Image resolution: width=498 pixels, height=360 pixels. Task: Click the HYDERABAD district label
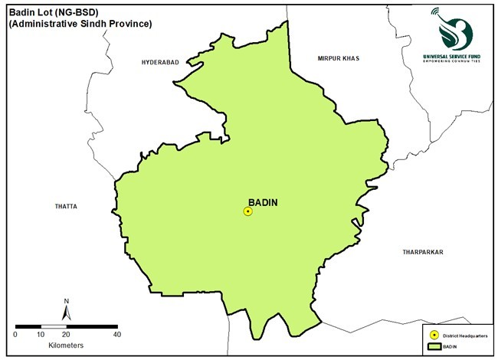tap(160, 61)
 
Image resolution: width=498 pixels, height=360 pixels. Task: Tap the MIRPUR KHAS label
tap(338, 58)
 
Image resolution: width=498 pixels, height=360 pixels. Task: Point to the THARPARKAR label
tap(423, 251)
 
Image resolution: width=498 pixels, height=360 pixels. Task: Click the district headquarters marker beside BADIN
tap(247, 211)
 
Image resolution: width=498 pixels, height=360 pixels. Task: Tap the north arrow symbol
tap(67, 313)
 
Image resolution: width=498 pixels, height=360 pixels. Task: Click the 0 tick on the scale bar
tap(16, 334)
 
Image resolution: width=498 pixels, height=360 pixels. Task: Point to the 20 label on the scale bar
tap(67, 334)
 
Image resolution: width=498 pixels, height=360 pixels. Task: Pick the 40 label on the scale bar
tap(116, 334)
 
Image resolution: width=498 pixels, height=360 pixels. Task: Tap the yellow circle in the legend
tap(434, 335)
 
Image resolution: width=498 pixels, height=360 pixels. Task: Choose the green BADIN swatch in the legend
tap(434, 347)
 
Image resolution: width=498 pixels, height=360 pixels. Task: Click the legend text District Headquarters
tap(463, 335)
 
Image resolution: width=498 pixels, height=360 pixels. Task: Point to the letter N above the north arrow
tap(67, 300)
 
